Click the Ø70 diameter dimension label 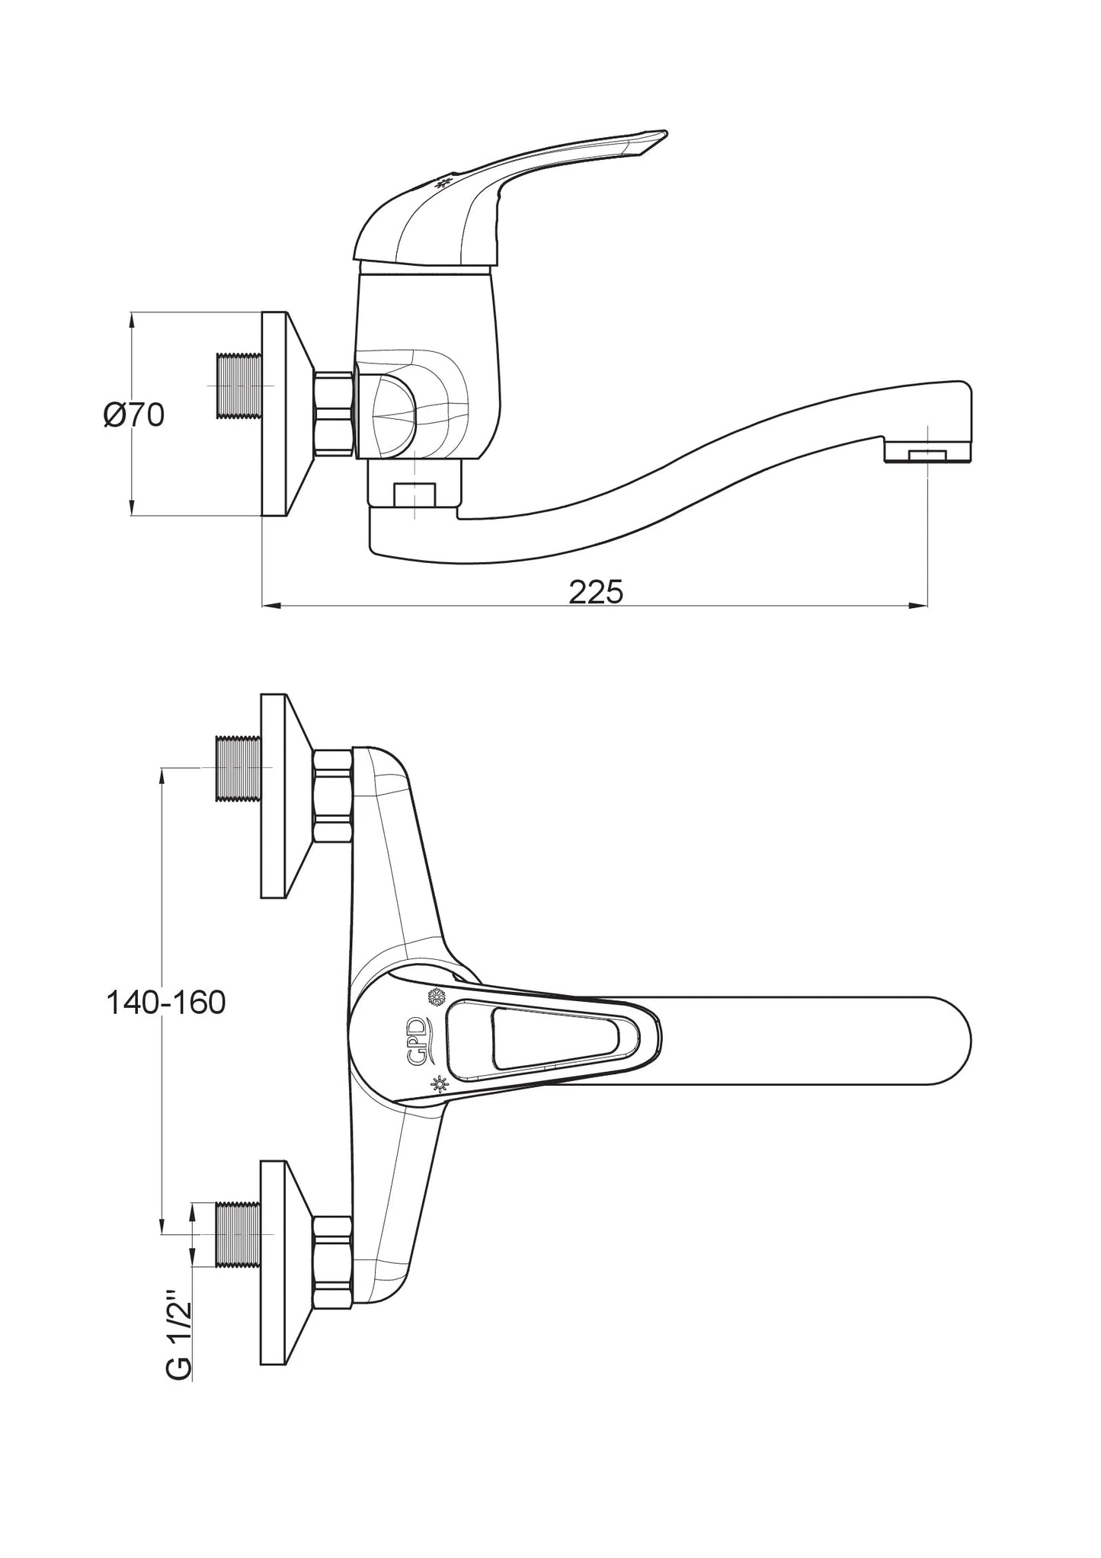[x=134, y=415]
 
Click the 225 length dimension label [x=596, y=591]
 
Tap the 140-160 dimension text [x=165, y=1003]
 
